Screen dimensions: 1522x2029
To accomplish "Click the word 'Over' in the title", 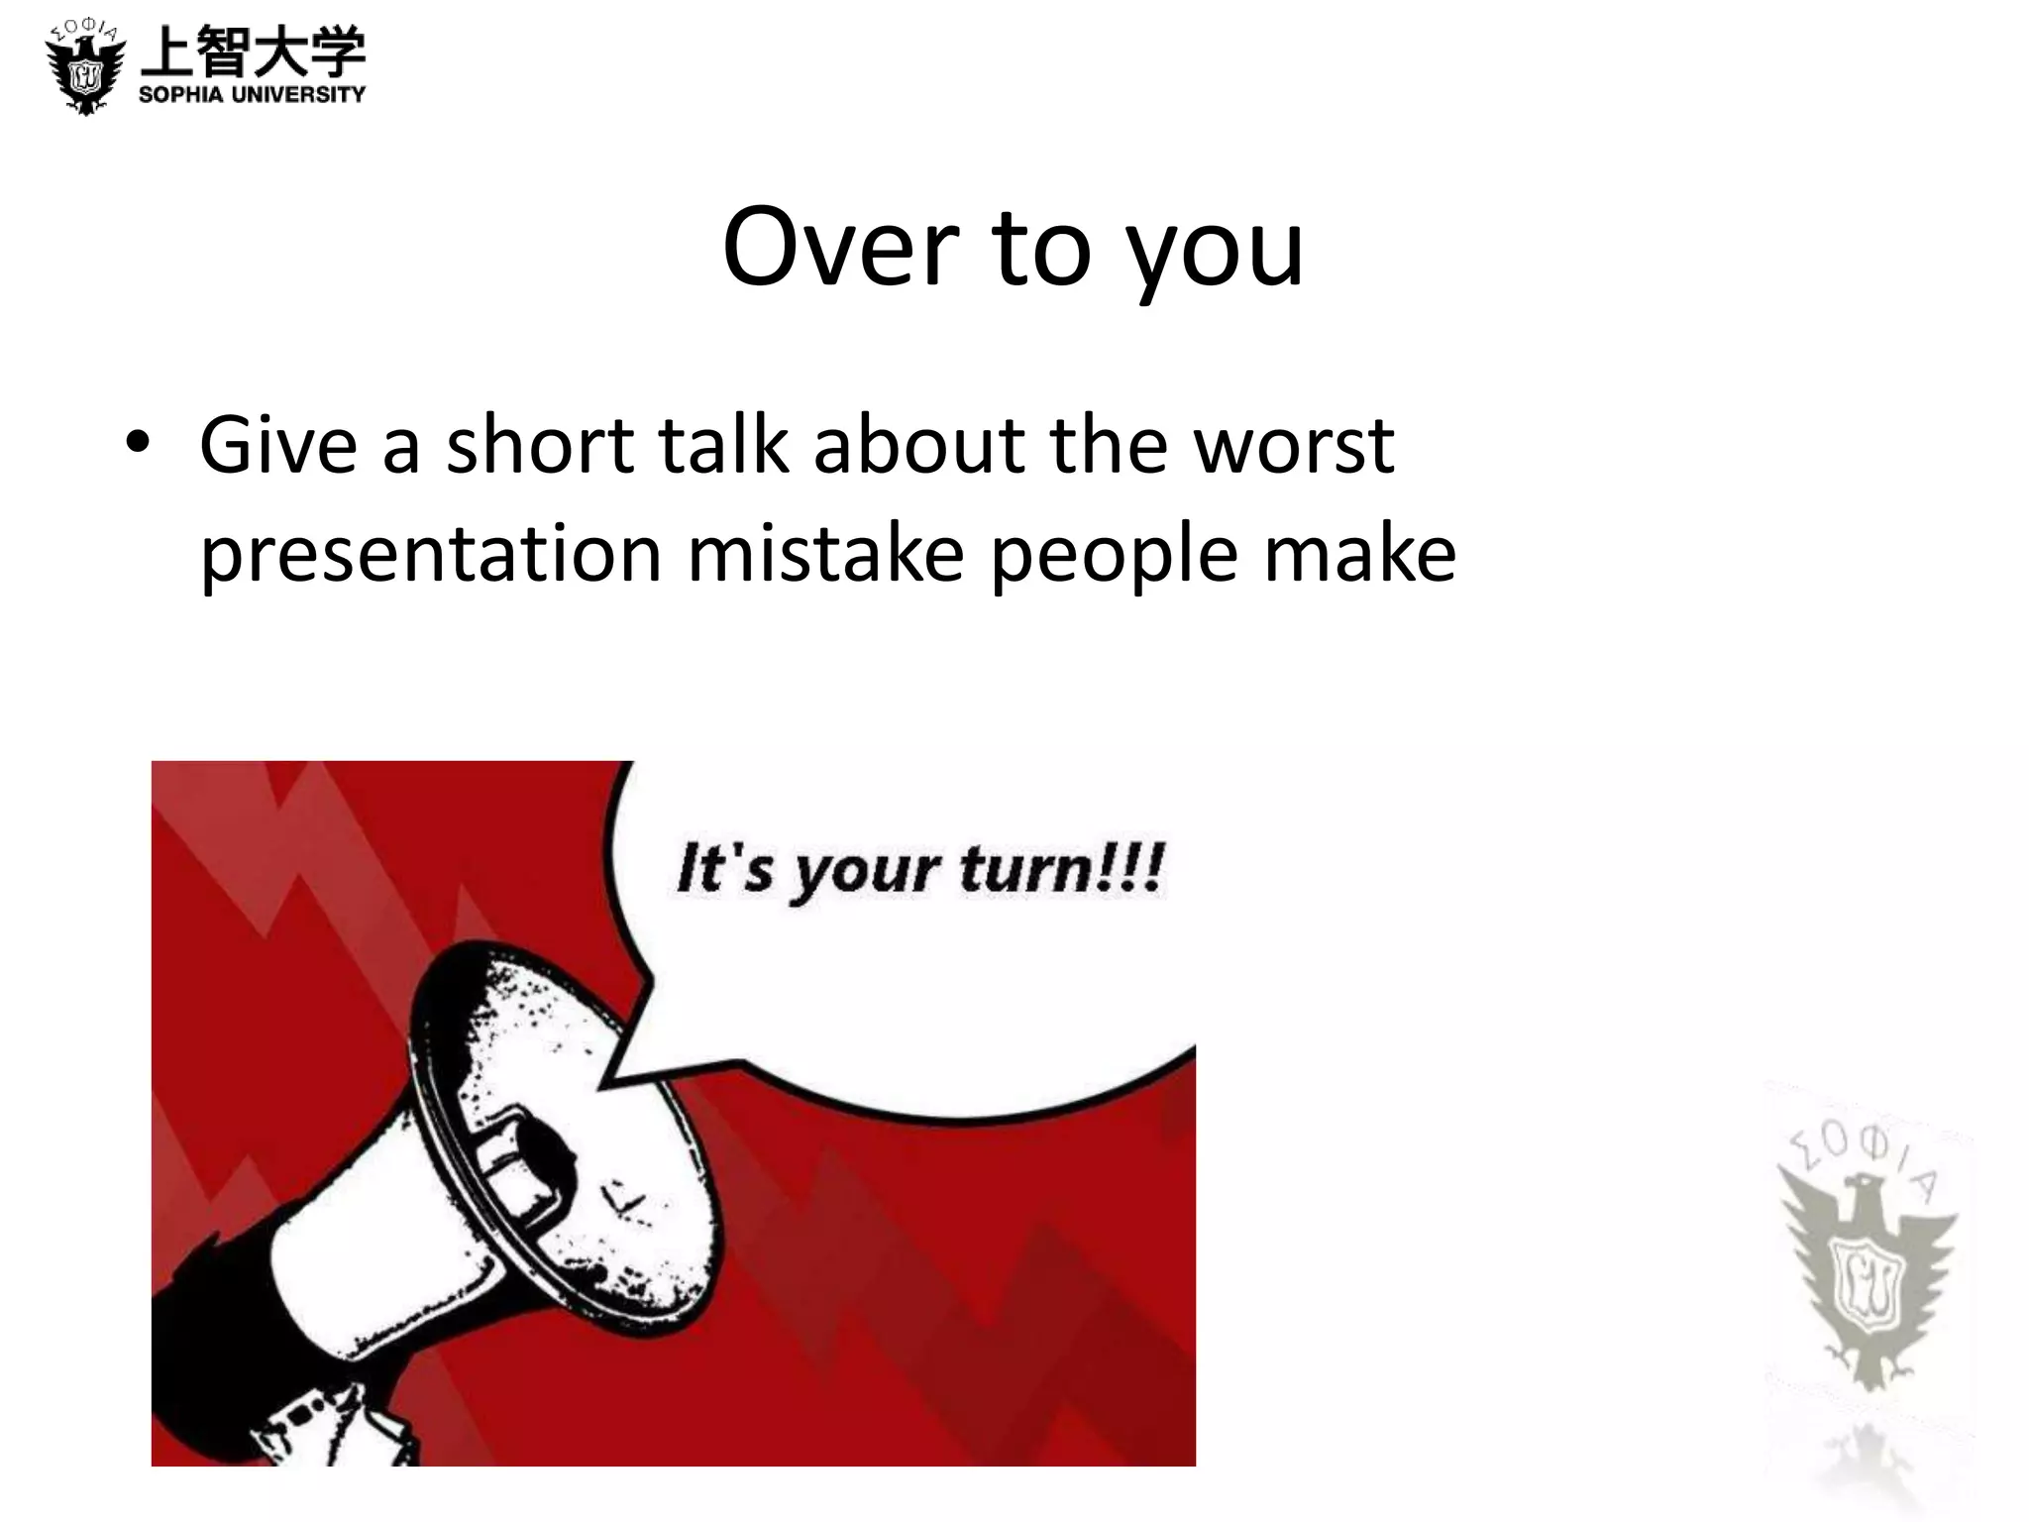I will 838,247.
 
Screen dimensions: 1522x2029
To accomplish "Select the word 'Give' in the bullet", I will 278,445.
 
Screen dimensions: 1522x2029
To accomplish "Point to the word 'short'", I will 539,445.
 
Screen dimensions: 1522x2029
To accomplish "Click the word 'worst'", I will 1293,445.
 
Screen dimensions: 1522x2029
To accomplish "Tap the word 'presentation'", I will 431,554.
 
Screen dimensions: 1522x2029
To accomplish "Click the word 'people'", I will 1114,556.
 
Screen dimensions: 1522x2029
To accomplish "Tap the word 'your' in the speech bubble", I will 863,873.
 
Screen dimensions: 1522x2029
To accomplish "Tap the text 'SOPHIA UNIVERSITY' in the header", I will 252,95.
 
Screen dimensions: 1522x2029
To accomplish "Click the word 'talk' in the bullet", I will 722,445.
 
